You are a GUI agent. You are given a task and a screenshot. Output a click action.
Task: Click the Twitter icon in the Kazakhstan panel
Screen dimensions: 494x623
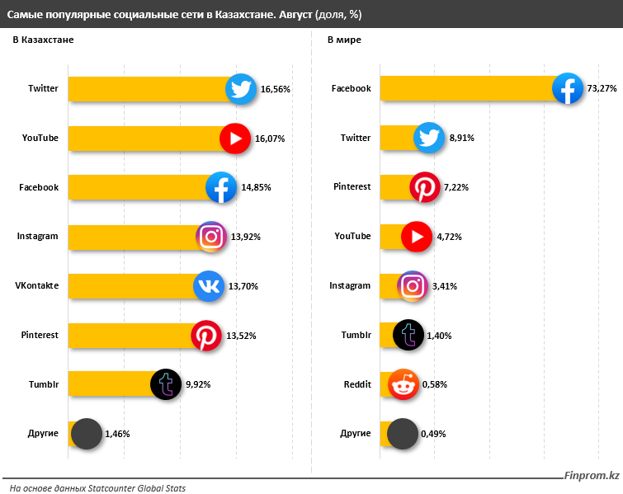[241, 89]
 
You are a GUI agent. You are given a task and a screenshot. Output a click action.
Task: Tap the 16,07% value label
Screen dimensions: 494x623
[270, 139]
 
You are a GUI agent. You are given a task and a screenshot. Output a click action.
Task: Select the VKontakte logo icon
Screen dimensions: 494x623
[208, 286]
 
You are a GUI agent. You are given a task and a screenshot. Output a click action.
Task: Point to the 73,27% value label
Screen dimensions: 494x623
[602, 89]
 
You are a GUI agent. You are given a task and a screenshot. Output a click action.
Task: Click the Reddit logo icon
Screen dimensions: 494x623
[403, 384]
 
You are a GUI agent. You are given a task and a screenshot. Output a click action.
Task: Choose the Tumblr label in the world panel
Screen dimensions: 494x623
[356, 336]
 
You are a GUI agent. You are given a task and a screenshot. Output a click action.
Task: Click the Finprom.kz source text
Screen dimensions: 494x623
[591, 476]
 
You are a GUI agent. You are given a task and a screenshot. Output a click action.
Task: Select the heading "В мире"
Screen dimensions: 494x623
[344, 40]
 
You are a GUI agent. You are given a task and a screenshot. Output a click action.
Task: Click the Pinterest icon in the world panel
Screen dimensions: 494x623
[425, 188]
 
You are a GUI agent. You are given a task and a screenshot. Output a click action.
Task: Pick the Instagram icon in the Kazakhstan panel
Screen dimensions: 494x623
[211, 238]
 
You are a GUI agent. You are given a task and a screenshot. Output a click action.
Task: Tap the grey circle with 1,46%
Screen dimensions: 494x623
[86, 434]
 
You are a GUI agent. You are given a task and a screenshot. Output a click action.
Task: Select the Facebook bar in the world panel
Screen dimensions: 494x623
[466, 89]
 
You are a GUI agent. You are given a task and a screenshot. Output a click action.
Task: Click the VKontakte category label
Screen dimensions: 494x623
[37, 286]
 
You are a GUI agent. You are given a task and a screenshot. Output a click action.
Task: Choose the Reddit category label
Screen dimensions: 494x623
[357, 384]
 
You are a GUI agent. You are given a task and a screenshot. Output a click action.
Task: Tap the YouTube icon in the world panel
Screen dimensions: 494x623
[415, 238]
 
